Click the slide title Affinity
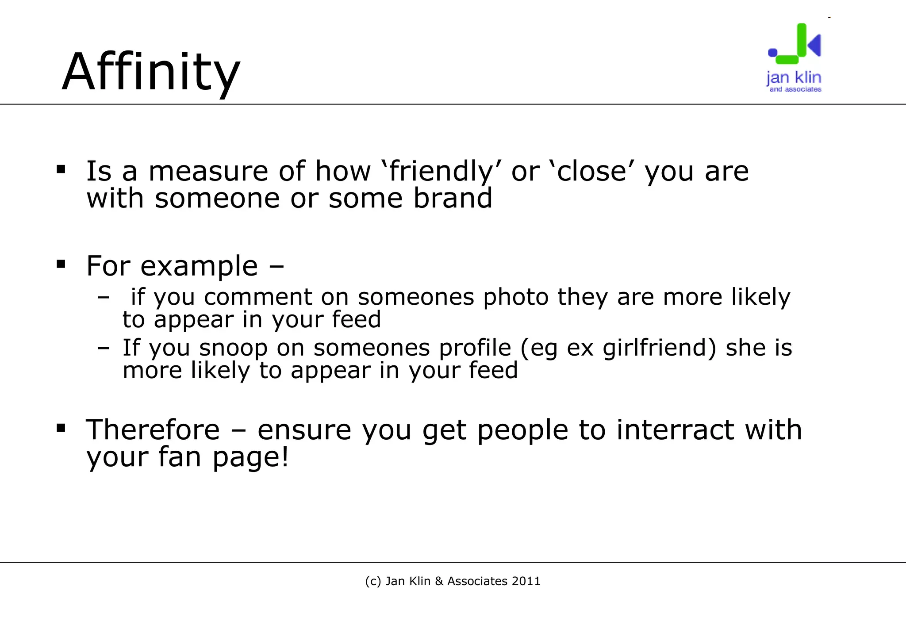point(151,72)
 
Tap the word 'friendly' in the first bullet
point(441,171)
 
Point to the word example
point(199,266)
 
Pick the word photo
point(515,297)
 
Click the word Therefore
point(153,430)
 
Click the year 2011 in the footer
point(526,581)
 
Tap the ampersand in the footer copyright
point(439,581)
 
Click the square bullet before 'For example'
point(61,265)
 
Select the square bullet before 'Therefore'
point(61,428)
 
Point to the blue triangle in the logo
point(814,45)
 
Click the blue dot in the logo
point(772,53)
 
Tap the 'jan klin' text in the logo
point(794,78)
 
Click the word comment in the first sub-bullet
point(258,297)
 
